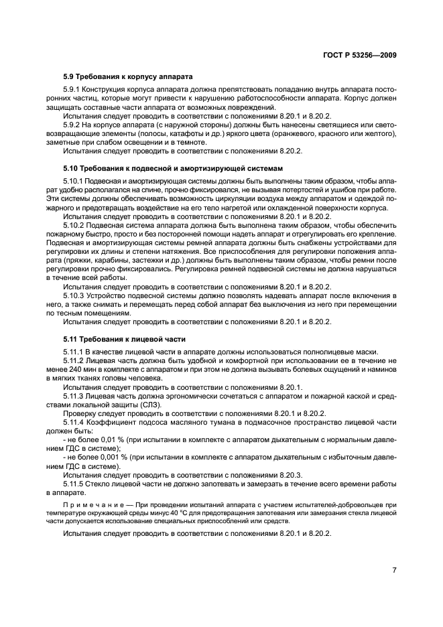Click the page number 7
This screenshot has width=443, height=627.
(x=394, y=569)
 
